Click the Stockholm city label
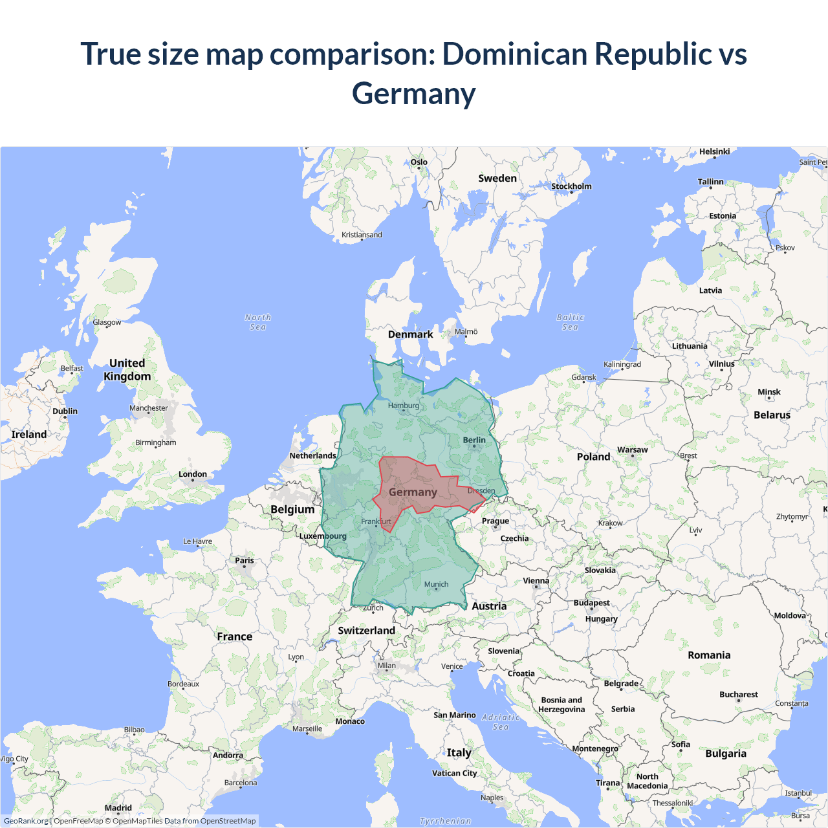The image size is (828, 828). point(571,186)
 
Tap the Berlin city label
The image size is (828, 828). point(474,440)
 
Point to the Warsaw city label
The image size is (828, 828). point(632,450)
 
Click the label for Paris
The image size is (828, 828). point(245,560)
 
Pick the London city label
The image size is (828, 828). point(193,474)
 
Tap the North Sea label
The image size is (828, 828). point(258,322)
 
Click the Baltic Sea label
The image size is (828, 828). point(571,322)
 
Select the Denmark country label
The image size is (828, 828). point(410,334)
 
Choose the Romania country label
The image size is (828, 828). point(709,655)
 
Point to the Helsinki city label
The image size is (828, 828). point(714,151)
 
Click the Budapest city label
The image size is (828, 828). point(591,603)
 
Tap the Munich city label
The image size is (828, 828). point(436,584)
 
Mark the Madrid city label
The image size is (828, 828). point(118,808)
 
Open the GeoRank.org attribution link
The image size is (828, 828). point(26,821)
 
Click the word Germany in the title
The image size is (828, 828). point(414,94)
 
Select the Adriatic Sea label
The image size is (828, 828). point(501,722)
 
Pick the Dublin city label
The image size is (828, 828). point(65,411)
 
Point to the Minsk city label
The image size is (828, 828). point(769,392)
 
